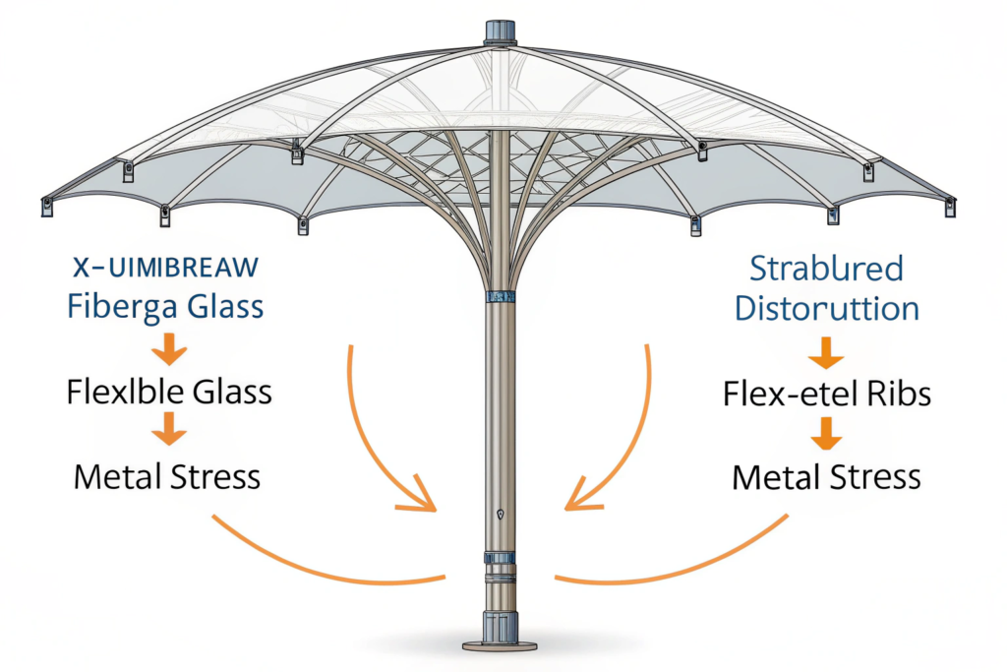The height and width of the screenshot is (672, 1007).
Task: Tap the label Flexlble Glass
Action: coord(169,392)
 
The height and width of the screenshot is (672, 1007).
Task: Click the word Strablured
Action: coord(826,269)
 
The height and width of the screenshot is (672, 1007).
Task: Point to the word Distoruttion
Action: coord(827,307)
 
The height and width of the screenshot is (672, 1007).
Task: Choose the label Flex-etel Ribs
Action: coord(826,394)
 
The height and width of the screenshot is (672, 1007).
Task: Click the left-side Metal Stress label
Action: coord(167,477)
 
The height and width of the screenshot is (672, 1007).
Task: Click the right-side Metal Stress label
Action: coord(826,478)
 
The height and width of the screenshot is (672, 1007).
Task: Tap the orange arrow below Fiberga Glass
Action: coord(169,347)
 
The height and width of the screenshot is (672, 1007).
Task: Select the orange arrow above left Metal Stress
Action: coord(169,429)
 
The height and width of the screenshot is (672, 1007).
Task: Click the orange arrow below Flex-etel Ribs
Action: coord(826,433)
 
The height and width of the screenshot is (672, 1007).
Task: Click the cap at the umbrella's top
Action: coord(501,31)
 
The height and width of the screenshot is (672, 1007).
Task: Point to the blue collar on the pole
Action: coord(501,295)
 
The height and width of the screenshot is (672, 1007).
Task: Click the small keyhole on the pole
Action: coord(501,514)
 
